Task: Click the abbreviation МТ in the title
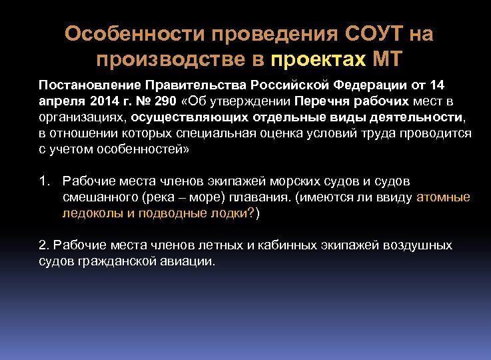tap(387, 60)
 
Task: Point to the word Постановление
tap(85, 86)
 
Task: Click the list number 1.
tap(44, 181)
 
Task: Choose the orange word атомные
tap(443, 197)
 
